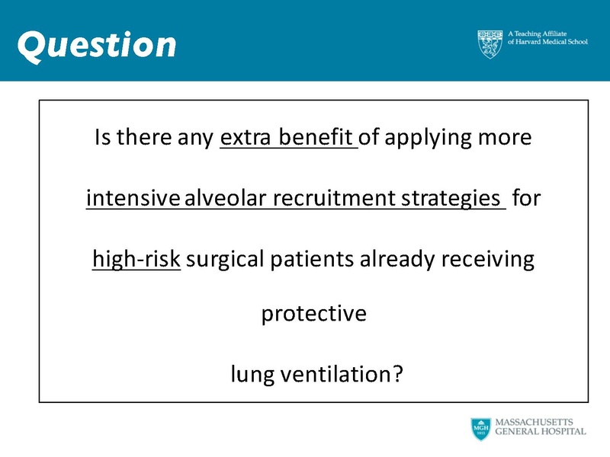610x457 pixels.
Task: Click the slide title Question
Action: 97,44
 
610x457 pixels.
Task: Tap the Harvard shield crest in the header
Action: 490,44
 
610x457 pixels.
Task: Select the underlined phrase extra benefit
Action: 288,139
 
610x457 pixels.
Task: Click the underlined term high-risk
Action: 136,260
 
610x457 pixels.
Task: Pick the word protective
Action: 314,314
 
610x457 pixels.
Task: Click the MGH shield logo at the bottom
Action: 480,429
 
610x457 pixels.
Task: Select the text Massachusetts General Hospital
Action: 540,427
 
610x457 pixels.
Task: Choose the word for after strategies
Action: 525,200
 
